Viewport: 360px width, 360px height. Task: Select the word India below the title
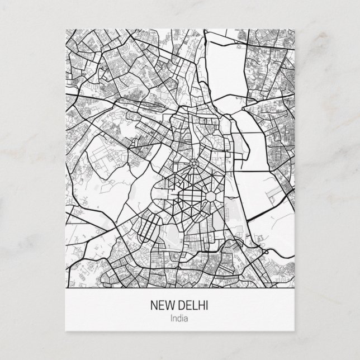180,319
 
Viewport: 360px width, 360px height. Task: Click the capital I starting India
173,319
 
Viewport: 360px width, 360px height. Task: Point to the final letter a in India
187,319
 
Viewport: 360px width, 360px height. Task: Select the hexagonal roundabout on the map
212,197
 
